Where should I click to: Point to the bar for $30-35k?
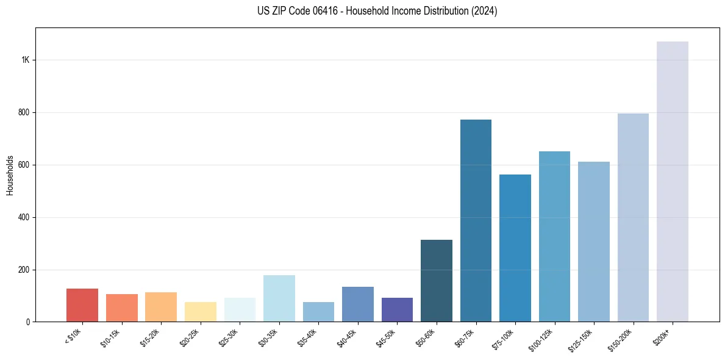click(x=279, y=298)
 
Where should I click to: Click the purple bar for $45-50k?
click(x=397, y=310)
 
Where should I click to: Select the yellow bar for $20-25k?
click(x=201, y=312)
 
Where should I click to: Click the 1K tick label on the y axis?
click(x=26, y=60)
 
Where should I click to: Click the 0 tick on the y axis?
click(x=28, y=322)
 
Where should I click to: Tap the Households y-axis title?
click(x=10, y=175)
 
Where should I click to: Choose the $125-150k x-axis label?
click(x=582, y=337)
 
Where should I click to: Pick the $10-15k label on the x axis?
click(x=110, y=337)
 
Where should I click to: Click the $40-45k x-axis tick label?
click(x=346, y=337)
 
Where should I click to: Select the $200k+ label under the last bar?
click(x=663, y=335)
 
